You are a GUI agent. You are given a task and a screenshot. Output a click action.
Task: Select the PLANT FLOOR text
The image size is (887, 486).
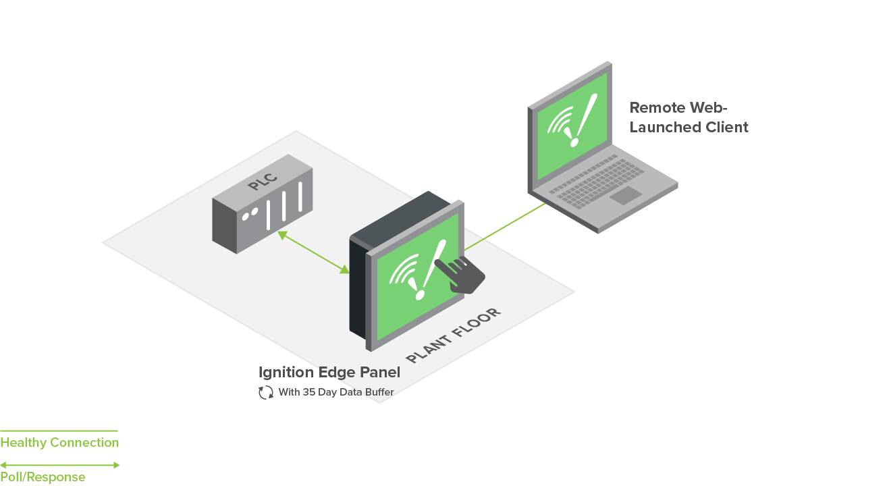click(x=454, y=335)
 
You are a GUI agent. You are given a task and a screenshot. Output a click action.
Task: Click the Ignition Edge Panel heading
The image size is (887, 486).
click(x=329, y=373)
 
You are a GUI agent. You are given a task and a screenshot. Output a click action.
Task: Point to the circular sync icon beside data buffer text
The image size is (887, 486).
click(x=266, y=392)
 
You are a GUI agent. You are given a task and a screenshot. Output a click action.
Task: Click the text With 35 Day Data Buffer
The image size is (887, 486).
click(x=335, y=392)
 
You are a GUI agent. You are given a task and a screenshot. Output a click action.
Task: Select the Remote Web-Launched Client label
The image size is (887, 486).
click(x=689, y=117)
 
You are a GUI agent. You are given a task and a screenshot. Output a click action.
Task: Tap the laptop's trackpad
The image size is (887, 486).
click(x=626, y=196)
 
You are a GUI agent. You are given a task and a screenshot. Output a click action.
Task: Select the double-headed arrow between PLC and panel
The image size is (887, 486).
click(x=313, y=252)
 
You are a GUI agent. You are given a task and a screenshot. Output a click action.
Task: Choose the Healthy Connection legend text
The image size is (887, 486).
click(x=59, y=443)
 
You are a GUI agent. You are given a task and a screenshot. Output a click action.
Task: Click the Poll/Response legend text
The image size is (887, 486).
click(x=43, y=477)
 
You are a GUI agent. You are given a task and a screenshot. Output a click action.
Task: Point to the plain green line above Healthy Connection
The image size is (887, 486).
click(x=59, y=431)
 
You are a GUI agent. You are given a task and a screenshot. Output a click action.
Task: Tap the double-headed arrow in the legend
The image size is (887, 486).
click(x=59, y=465)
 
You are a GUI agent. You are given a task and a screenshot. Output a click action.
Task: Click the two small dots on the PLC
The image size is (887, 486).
click(x=250, y=213)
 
